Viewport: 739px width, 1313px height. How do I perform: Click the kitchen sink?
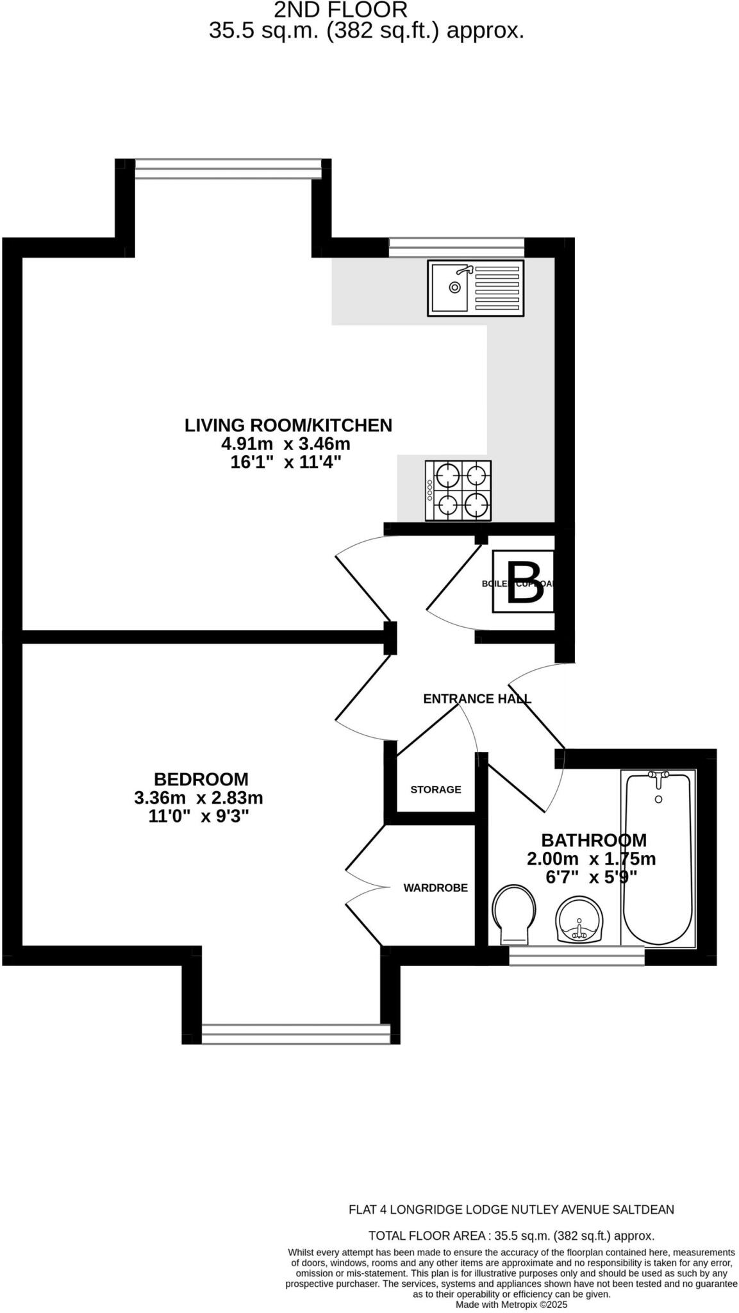[x=475, y=288]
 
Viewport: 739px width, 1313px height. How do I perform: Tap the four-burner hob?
[x=458, y=490]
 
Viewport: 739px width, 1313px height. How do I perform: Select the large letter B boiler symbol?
[x=524, y=583]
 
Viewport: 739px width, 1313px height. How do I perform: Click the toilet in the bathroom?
[x=513, y=914]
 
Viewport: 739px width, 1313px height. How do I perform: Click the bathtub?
[x=658, y=859]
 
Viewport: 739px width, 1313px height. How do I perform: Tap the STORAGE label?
[x=435, y=789]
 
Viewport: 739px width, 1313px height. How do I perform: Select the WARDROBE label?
[x=435, y=888]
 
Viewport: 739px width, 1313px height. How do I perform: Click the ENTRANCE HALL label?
[x=477, y=699]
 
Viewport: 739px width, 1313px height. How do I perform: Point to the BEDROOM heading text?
[x=201, y=780]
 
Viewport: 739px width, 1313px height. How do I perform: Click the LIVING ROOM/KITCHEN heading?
[x=288, y=425]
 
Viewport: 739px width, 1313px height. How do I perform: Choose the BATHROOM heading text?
[x=594, y=840]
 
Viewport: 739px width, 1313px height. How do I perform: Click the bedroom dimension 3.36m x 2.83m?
[x=198, y=798]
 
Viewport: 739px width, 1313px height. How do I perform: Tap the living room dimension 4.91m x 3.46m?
[x=285, y=444]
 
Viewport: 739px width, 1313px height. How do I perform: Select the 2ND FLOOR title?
[x=340, y=10]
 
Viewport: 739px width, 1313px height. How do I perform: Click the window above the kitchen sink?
[x=456, y=247]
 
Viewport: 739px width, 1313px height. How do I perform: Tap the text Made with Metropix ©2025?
[x=511, y=1304]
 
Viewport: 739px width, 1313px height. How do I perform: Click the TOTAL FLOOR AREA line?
[x=511, y=1235]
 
